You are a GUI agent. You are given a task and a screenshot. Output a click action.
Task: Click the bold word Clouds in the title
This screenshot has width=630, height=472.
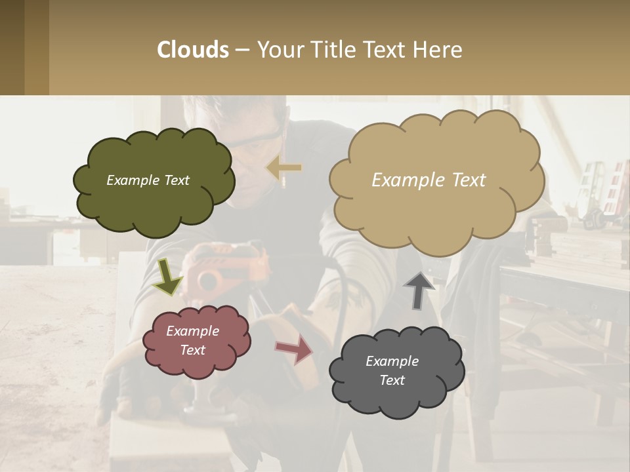coord(193,50)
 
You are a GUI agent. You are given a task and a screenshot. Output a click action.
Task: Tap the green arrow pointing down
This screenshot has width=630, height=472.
coord(167,277)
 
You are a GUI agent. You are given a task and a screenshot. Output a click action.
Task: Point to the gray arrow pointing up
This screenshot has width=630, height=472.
coord(418,290)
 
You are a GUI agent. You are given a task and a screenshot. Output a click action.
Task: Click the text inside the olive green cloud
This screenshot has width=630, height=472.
coord(148,180)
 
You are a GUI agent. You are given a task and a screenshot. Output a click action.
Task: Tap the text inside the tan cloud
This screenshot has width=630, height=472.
coord(429,180)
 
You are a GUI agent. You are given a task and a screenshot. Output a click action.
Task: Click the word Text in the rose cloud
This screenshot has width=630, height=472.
coord(192,350)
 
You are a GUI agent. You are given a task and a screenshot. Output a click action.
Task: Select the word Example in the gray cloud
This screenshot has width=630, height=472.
coord(392,361)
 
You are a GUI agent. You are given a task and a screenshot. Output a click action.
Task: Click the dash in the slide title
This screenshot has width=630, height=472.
coord(242,50)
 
